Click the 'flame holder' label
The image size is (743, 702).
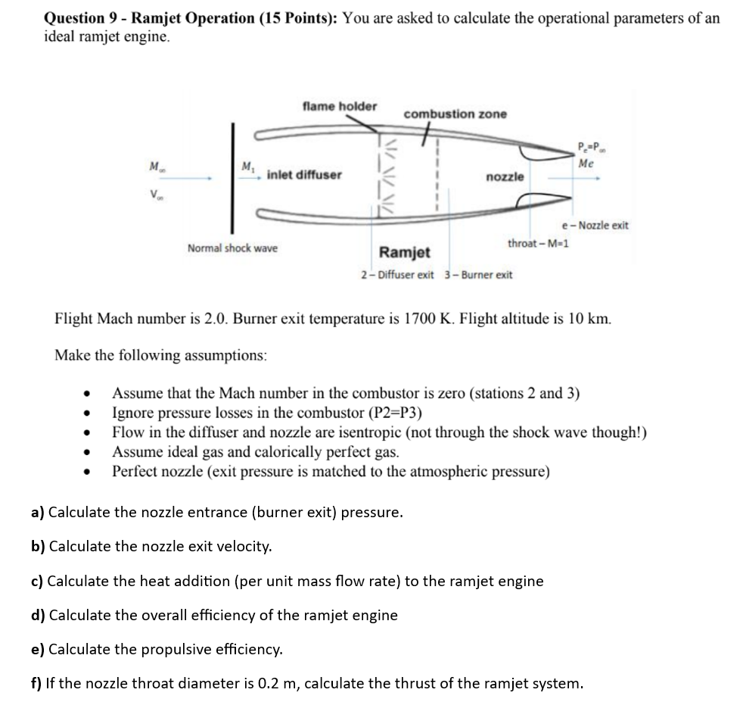pos(339,106)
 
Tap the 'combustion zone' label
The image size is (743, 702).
pos(455,114)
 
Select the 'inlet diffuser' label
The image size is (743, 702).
pos(304,175)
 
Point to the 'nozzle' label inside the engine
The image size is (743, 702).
pos(504,176)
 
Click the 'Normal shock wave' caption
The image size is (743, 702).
pos(232,248)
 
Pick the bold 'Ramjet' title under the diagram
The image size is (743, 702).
pos(405,252)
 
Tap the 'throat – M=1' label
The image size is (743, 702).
pos(539,243)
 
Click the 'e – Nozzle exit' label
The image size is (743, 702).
pos(595,225)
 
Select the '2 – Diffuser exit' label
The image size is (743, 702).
pos(397,274)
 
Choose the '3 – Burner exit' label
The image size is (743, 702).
pos(478,274)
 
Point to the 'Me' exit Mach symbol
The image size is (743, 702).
pos(586,163)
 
